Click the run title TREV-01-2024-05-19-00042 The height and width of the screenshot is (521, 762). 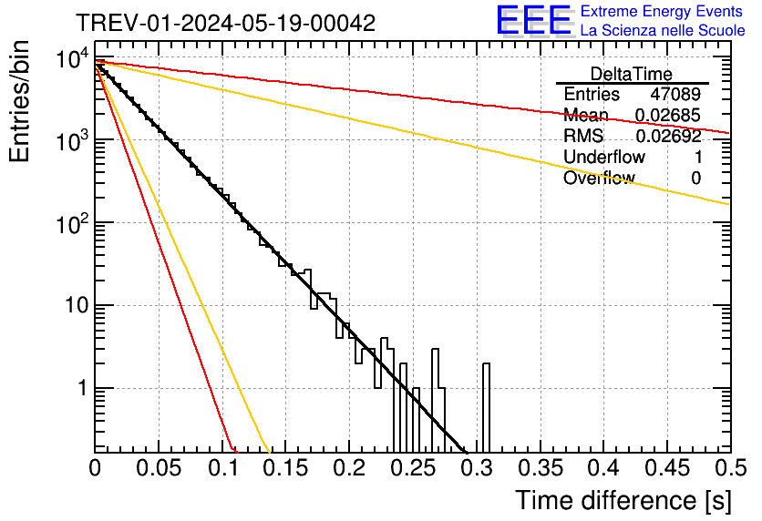click(225, 24)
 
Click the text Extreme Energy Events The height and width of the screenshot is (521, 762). click(663, 11)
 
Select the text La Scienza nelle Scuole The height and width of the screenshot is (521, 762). click(663, 30)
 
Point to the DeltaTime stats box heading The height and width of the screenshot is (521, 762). click(632, 74)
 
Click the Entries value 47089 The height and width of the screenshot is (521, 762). click(675, 95)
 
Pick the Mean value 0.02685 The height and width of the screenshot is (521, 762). click(668, 116)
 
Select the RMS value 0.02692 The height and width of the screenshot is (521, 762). click(668, 137)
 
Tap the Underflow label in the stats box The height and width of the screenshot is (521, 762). click(604, 158)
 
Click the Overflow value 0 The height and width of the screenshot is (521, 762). click(696, 179)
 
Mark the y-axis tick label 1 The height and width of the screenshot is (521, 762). click(80, 389)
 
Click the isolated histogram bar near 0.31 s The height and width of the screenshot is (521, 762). click(486, 405)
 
